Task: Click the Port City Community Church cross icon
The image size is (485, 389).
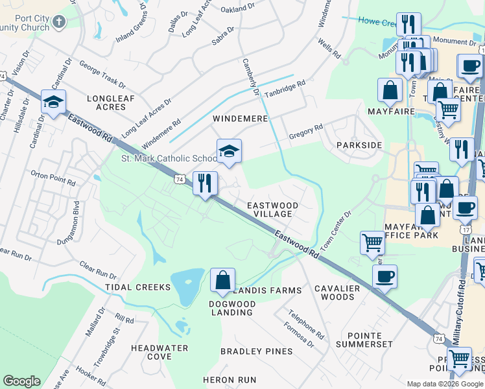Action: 59,23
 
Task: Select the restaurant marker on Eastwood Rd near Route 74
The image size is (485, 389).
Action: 205,183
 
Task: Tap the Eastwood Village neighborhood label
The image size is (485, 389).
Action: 273,209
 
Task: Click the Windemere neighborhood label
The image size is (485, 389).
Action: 241,119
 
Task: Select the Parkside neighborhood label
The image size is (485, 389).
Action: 359,145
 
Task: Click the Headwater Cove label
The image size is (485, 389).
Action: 160,352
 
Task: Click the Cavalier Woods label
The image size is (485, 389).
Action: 334,292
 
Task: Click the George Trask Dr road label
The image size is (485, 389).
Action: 102,75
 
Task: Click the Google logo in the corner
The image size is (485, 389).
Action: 21,381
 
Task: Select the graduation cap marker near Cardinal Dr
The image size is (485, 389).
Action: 53,102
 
